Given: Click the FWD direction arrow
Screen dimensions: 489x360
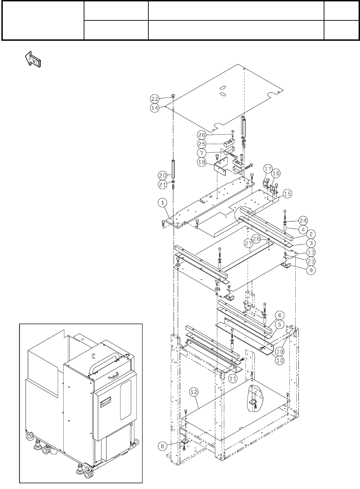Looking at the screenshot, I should [x=33, y=59].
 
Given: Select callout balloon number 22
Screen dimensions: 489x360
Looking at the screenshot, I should [x=155, y=98].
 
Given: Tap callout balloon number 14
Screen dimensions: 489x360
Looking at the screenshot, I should [x=155, y=107].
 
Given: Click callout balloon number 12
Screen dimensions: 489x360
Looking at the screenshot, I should [x=194, y=392].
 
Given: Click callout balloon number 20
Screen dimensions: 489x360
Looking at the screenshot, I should [x=163, y=175].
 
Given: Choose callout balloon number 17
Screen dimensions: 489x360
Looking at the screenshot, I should [x=268, y=169].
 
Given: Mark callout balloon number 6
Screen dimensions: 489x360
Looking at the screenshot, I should [x=279, y=315].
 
